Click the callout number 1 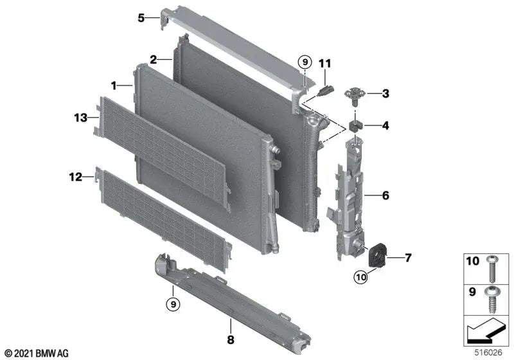coord(114,85)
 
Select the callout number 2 coord(154,60)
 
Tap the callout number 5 coord(141,18)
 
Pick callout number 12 coord(76,176)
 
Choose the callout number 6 coord(385,194)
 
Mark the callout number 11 coord(324,63)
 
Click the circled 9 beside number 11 coord(305,62)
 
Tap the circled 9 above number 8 coord(173,302)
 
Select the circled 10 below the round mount coord(360,276)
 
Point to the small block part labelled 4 coord(355,124)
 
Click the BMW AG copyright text coord(37,353)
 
